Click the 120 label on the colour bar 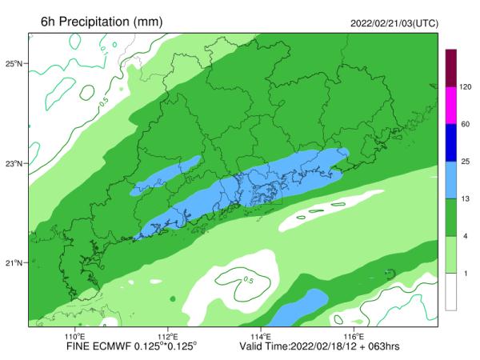pos(466,86)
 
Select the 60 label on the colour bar pos(464,124)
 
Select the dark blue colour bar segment pos(451,142)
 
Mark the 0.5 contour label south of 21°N pos(249,281)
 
